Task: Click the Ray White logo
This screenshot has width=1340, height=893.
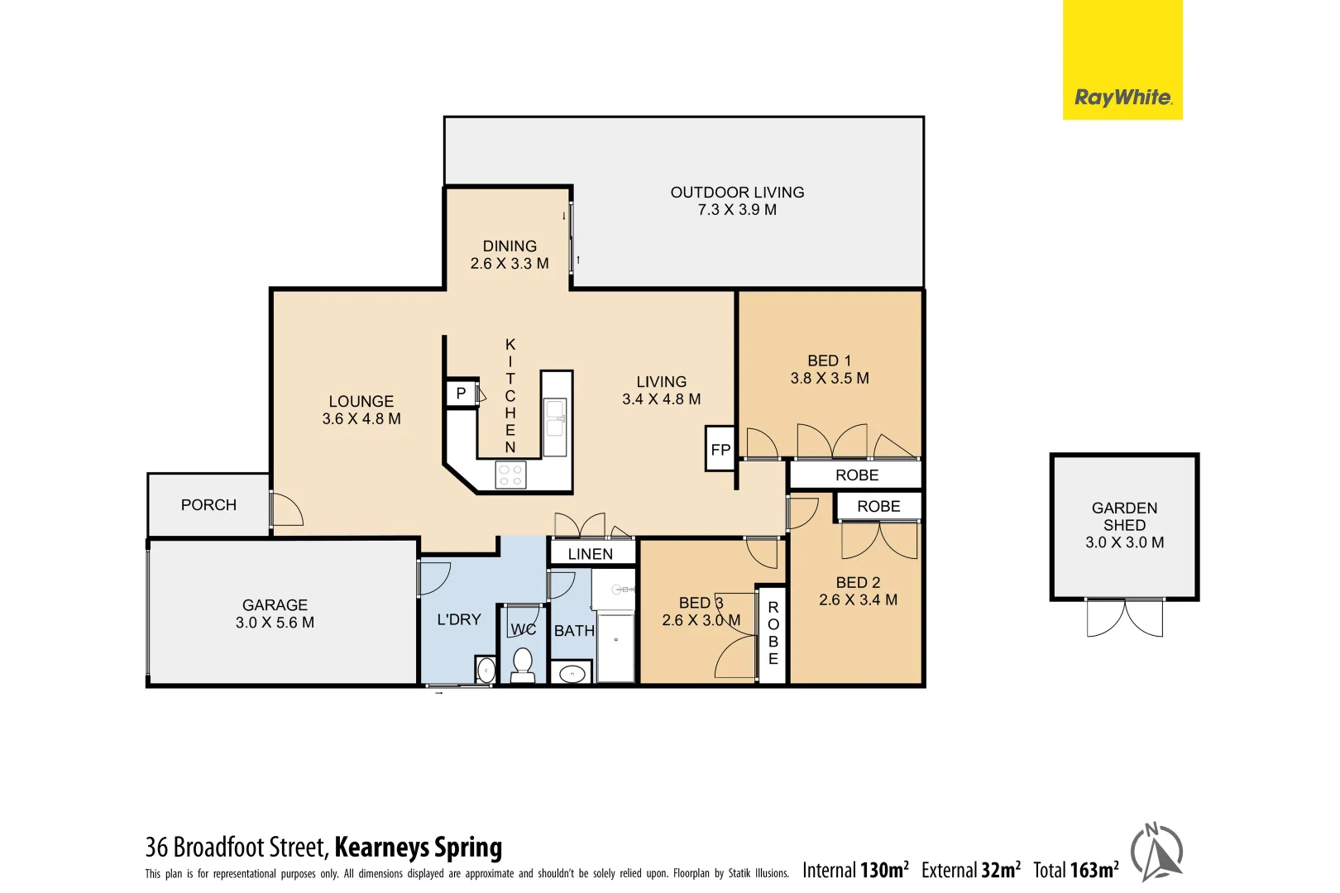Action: tap(1122, 98)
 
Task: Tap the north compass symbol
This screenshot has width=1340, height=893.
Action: tap(1157, 852)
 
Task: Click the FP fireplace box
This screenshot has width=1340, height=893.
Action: tap(720, 449)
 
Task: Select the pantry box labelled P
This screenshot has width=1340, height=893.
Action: tap(461, 393)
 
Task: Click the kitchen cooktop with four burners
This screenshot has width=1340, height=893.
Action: tap(510, 475)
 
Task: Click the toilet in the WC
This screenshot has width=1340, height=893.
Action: tap(522, 664)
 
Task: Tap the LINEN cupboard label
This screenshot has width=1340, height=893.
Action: tap(591, 554)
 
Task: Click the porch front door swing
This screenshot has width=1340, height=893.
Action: tap(286, 509)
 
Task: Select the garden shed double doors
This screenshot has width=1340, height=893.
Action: tap(1124, 618)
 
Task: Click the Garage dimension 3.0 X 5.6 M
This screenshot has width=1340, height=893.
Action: tap(275, 623)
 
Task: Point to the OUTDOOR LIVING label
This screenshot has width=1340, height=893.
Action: tap(737, 192)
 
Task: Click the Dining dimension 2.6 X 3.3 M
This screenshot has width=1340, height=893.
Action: tap(510, 264)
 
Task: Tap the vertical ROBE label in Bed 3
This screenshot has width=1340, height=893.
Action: tap(773, 633)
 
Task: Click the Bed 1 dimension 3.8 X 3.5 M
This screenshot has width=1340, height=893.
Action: tap(830, 378)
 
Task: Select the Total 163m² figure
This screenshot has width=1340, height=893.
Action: tap(1075, 870)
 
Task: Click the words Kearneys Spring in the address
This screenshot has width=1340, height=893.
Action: tap(418, 848)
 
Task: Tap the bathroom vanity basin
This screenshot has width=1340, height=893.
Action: tap(572, 674)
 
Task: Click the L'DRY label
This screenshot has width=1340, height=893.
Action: tap(458, 619)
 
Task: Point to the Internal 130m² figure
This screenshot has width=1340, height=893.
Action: tap(854, 870)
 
